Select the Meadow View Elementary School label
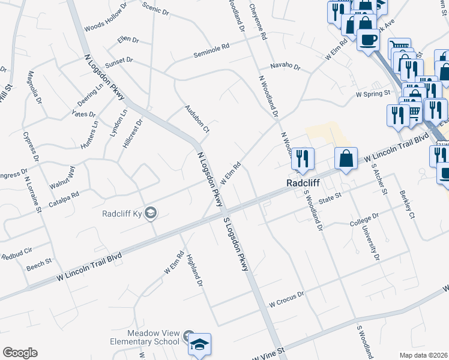152,337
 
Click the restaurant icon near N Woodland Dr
303,158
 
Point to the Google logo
20,353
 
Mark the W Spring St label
373,94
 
